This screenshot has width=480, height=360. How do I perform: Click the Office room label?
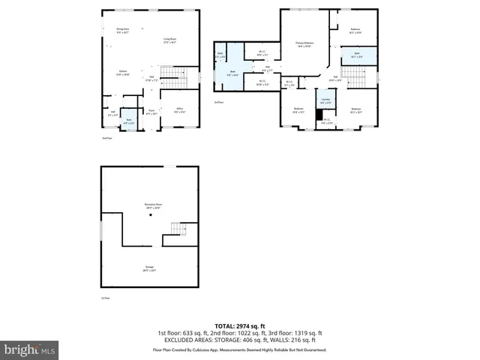point(179,110)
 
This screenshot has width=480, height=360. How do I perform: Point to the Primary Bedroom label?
point(304,44)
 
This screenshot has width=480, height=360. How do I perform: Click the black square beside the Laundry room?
point(319,114)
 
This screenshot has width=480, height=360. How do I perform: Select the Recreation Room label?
point(154,206)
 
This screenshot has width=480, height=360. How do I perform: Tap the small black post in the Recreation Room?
point(150,215)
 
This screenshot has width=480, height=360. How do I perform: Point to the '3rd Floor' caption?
point(218,101)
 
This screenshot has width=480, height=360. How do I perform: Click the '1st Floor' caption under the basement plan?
point(106,298)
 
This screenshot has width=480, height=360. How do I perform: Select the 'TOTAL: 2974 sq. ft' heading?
point(240,325)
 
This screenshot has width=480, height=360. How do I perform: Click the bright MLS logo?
point(30,349)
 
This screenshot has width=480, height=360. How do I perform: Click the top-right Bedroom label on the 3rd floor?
point(355,31)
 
